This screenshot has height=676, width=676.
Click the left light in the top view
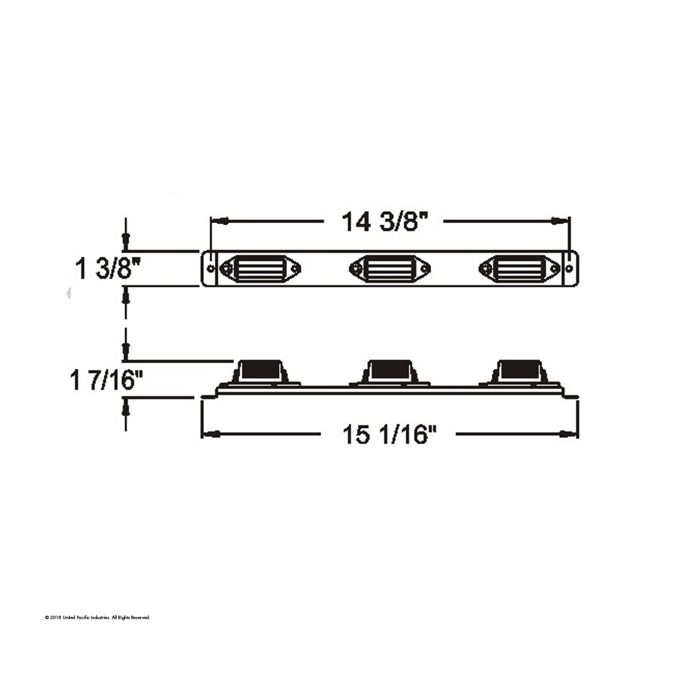pyautogui.click(x=260, y=268)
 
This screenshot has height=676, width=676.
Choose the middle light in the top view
pyautogui.click(x=390, y=268)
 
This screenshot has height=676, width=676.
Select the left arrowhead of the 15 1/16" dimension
pyautogui.click(x=211, y=434)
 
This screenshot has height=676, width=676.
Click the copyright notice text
pyautogui.click(x=97, y=618)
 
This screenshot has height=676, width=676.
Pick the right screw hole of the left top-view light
pyautogui.click(x=293, y=268)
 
